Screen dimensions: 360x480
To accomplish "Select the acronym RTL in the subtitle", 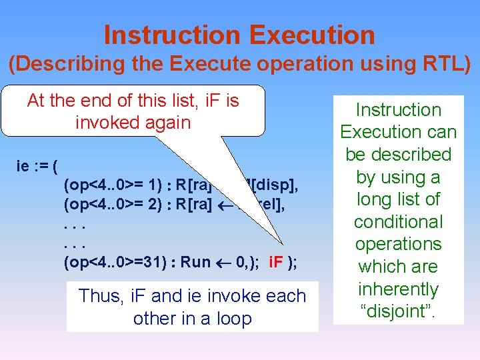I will tap(440, 64).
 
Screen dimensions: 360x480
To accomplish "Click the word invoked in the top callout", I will tap(105, 123).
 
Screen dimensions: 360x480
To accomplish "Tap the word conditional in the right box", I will tap(398, 221).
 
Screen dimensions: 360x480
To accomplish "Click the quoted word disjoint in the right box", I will tap(399, 311).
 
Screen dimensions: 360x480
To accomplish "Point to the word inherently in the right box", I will tap(398, 289).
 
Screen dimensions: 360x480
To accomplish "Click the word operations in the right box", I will tap(398, 244).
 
